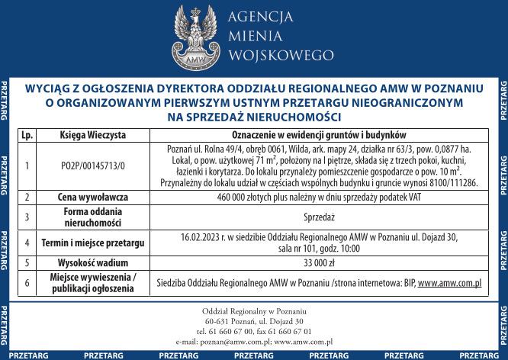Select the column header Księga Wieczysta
pyautogui.click(x=93, y=133)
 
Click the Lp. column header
pyautogui.click(x=27, y=133)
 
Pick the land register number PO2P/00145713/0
pyautogui.click(x=93, y=165)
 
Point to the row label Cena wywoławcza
pyautogui.click(x=93, y=197)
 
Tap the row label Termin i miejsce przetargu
pyautogui.click(x=93, y=243)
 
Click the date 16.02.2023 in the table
pyautogui.click(x=201, y=237)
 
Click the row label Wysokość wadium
pyautogui.click(x=93, y=262)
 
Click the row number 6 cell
pyautogui.click(x=27, y=283)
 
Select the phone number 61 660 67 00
pyautogui.click(x=229, y=332)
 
